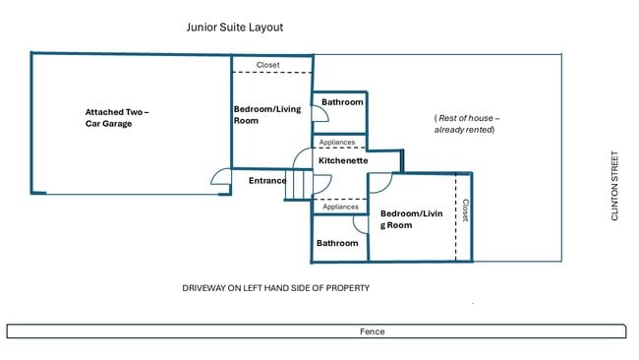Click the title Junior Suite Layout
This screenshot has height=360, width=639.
click(235, 28)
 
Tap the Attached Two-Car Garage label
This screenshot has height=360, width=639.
click(117, 118)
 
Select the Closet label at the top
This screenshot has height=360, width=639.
click(267, 65)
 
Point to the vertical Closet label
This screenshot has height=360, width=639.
click(465, 210)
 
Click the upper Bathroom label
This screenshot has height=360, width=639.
click(342, 102)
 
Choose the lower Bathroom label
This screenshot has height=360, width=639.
click(337, 243)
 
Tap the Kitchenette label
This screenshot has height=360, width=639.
click(343, 160)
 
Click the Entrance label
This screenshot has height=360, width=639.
click(267, 181)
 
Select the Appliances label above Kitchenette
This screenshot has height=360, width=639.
click(337, 143)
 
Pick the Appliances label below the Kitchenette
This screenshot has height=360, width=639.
click(340, 207)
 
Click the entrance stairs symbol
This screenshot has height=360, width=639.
click(299, 185)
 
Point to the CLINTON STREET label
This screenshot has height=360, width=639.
click(614, 186)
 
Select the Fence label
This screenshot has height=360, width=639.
click(372, 331)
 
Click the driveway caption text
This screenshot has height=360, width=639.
click(276, 288)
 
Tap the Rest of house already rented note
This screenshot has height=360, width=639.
click(467, 124)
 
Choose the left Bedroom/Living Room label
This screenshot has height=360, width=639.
click(267, 115)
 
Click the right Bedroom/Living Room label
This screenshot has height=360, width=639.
click(411, 219)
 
